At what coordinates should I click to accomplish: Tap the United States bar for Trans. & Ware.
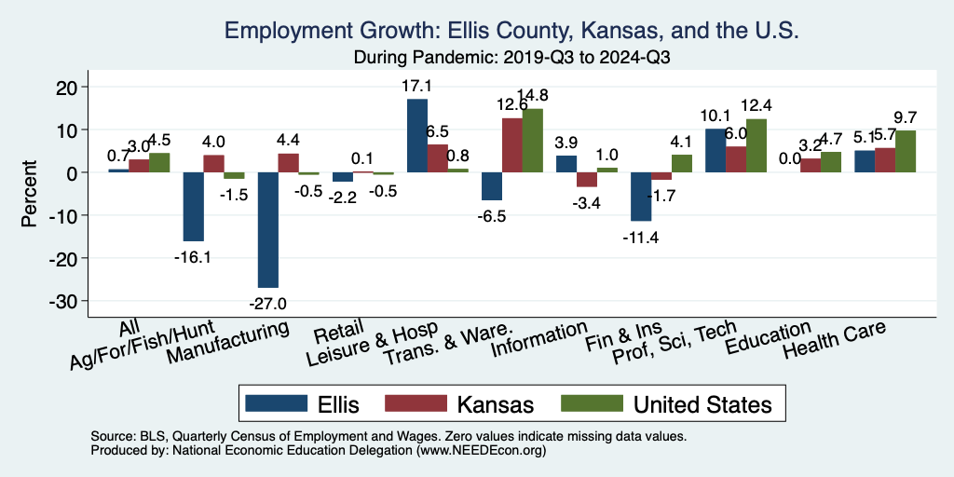click(532, 141)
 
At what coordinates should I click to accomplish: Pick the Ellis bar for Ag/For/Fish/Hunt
click(193, 207)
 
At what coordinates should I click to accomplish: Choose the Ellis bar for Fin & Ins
click(641, 197)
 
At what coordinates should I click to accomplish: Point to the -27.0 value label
click(268, 303)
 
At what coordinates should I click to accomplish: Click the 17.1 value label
click(417, 86)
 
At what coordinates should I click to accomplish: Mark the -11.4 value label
click(641, 237)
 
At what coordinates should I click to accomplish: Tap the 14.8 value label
click(534, 95)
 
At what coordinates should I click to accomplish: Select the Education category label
click(770, 337)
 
